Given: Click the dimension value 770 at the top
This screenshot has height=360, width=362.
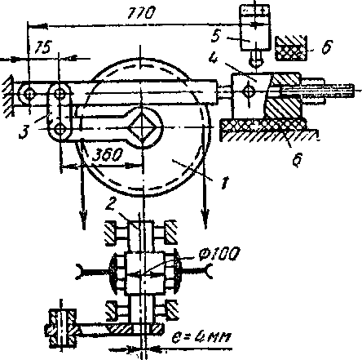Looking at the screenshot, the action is click(141, 13).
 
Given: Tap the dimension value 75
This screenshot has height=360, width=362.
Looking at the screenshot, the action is click(43, 47).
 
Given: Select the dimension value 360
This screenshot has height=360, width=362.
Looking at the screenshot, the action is click(107, 155).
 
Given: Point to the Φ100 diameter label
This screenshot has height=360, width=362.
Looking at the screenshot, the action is click(219, 254).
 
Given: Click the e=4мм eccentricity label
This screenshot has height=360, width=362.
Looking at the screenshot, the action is click(201, 338).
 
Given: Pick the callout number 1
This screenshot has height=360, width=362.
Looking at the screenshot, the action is click(224, 183).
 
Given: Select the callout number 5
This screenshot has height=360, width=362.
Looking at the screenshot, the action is click(216, 35).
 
